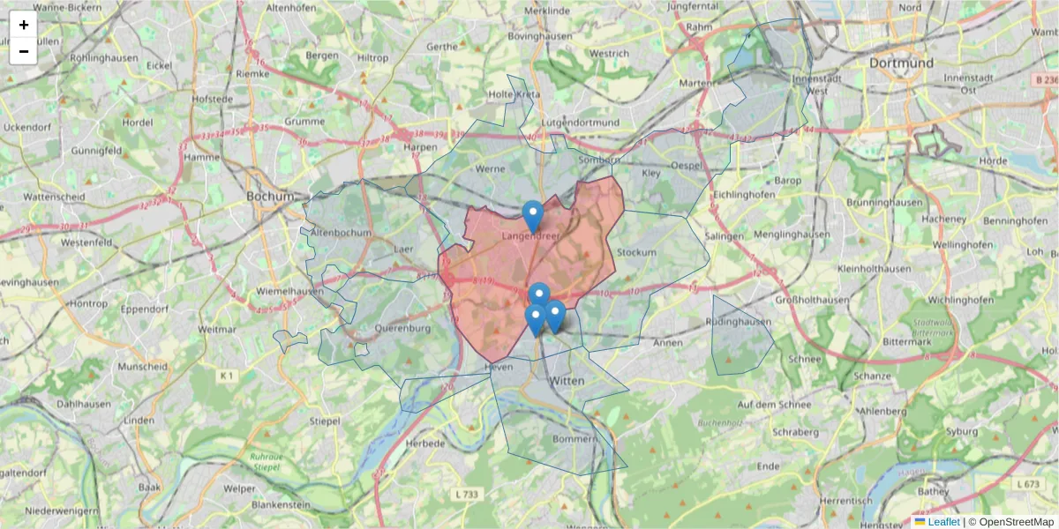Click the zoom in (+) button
tap(24, 25)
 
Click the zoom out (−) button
tap(24, 51)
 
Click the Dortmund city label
tap(901, 63)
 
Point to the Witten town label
tap(567, 381)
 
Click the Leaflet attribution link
tap(943, 522)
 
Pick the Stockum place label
tap(637, 252)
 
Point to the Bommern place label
tap(575, 438)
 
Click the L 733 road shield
tap(469, 495)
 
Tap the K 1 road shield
tap(228, 376)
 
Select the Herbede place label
tap(425, 443)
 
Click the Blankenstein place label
tap(281, 505)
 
